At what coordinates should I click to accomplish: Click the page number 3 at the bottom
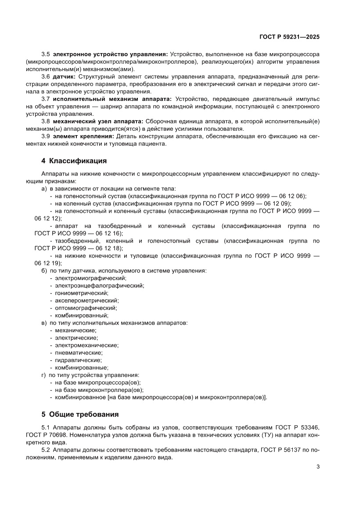click(x=318, y=466)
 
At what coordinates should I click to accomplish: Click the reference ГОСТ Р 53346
click(x=297, y=427)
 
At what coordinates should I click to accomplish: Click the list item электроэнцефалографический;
click(x=99, y=285)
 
